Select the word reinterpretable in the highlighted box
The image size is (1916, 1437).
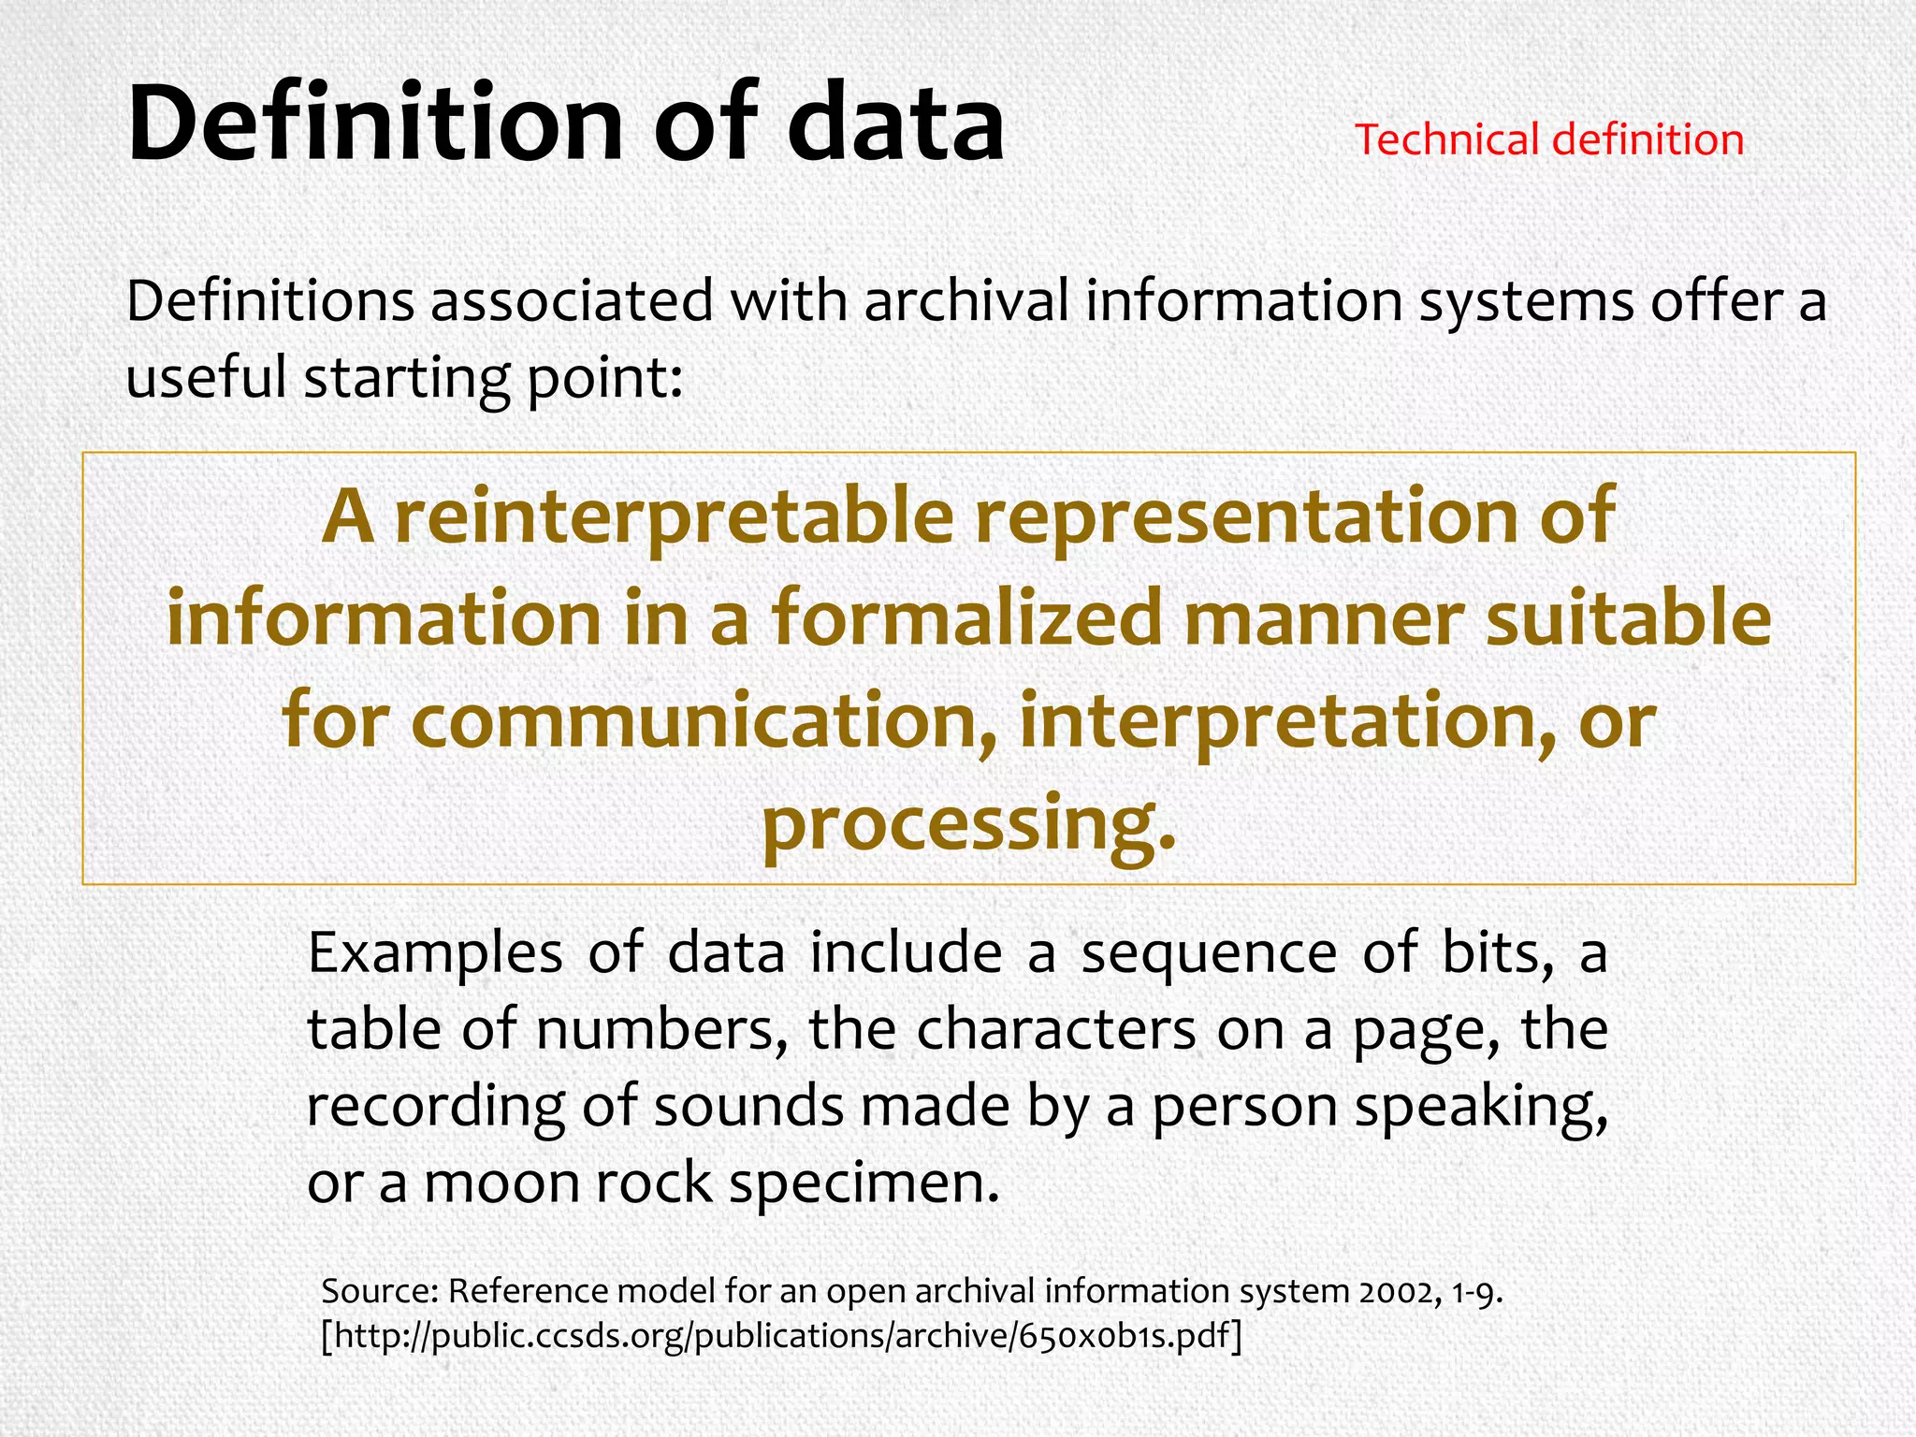(674, 517)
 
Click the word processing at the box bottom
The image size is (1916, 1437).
(968, 824)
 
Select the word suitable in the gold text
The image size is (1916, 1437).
(1629, 619)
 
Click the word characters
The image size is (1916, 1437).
(1056, 1030)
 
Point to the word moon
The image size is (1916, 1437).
(501, 1183)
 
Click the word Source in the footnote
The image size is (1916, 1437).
(380, 1291)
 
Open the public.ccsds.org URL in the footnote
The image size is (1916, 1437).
(781, 1336)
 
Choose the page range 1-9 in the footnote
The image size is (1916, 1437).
(1476, 1291)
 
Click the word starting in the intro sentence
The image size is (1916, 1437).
(406, 378)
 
